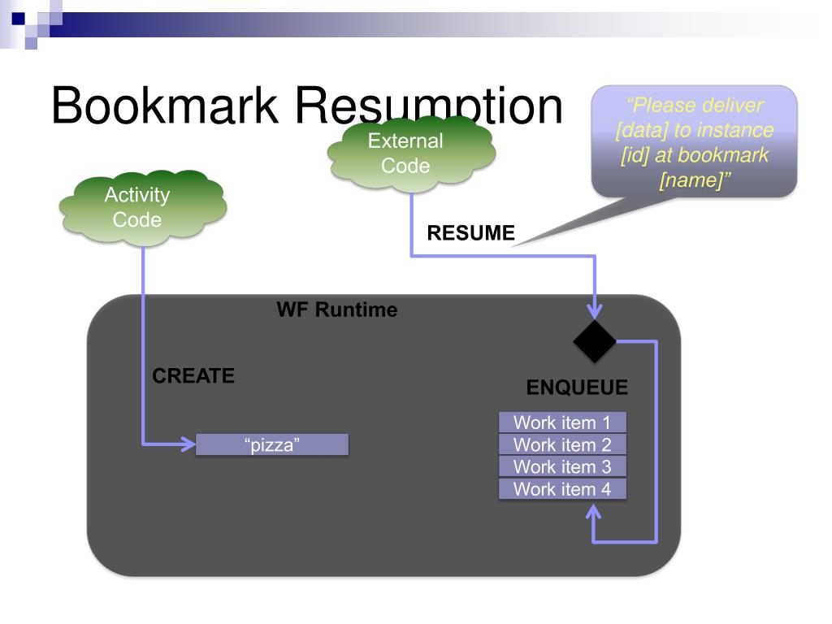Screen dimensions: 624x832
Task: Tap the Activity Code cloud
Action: pyautogui.click(x=143, y=207)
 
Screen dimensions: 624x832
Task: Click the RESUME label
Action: pyautogui.click(x=471, y=233)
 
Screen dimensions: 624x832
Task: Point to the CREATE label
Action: pyautogui.click(x=193, y=376)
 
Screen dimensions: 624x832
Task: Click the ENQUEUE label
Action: pyautogui.click(x=577, y=388)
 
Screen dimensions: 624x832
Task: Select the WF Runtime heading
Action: pyautogui.click(x=337, y=310)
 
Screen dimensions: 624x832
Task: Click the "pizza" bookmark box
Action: pyautogui.click(x=272, y=444)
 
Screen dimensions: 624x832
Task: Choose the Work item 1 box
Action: pyautogui.click(x=561, y=422)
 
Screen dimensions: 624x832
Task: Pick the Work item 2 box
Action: pyautogui.click(x=561, y=444)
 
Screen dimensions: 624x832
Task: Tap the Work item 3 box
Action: pyautogui.click(x=561, y=466)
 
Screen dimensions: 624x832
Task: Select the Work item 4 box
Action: pyautogui.click(x=561, y=488)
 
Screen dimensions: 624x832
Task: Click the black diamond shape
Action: pyautogui.click(x=596, y=341)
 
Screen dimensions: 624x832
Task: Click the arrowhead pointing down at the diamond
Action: pyautogui.click(x=596, y=311)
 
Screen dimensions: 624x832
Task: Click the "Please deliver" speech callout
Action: pyautogui.click(x=694, y=141)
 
